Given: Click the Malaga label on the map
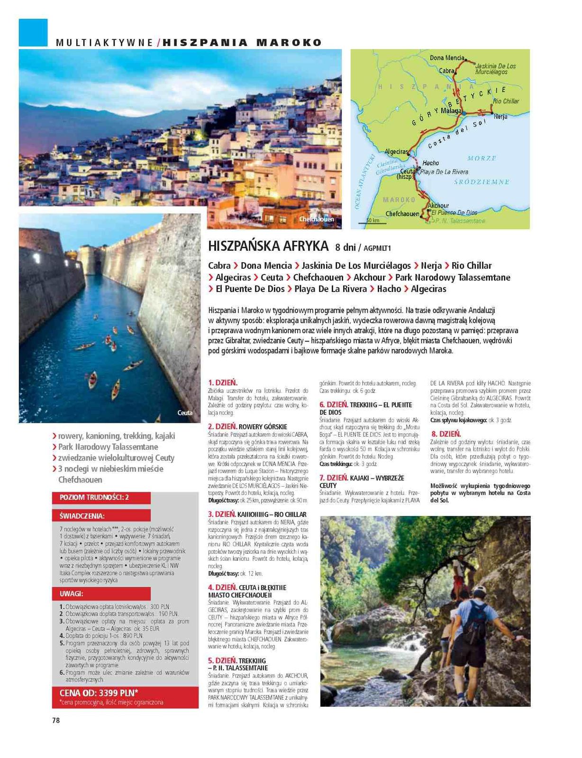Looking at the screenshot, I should [451, 110].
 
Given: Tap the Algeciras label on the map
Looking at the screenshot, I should [396, 152].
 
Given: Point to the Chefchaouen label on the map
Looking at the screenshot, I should [402, 214].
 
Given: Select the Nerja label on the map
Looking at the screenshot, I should [500, 116].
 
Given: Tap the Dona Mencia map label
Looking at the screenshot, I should [446, 58].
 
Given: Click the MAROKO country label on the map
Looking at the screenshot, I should [399, 200].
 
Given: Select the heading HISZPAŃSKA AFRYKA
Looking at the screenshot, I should [268, 246].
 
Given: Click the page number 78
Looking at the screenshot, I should [56, 720].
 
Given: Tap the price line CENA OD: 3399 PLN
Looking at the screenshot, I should [99, 693].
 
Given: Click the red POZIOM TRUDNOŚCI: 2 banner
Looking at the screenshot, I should [95, 497].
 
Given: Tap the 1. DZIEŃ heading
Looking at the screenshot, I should [223, 382].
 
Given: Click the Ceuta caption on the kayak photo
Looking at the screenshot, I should [185, 412].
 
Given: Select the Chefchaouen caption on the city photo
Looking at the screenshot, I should [316, 219].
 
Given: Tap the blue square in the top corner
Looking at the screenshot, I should [33, 33].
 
